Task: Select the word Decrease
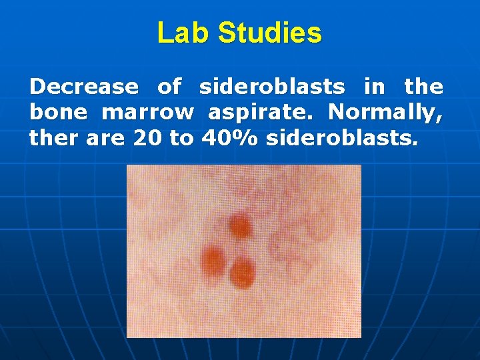tap(84, 87)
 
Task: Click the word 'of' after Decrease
tap(169, 87)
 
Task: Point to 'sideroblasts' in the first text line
tap(272, 87)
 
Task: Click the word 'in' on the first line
tap(374, 87)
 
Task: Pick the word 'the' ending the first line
tap(423, 87)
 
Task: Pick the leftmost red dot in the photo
tap(214, 257)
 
